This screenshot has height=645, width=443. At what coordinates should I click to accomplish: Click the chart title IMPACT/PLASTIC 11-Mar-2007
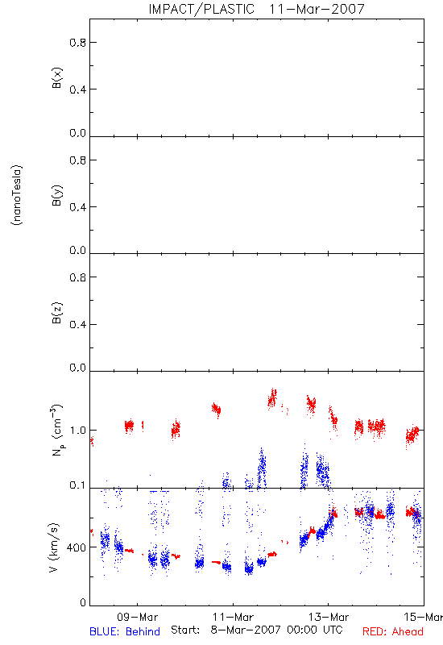(256, 9)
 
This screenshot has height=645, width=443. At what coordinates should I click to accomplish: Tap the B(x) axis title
(56, 77)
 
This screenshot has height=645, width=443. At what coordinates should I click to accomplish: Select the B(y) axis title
(56, 195)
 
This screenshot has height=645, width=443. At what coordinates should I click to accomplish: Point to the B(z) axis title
(56, 313)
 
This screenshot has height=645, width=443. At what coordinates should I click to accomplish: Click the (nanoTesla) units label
(17, 195)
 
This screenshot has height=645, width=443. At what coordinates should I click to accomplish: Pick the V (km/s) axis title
(53, 547)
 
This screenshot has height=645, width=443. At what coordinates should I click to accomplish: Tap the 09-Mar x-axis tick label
(137, 617)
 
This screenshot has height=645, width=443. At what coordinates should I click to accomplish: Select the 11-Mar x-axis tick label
(233, 617)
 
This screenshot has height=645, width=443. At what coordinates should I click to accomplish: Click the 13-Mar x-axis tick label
(329, 617)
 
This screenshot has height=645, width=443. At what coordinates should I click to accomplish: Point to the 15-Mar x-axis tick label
(424, 617)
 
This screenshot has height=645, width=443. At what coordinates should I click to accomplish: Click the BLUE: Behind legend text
(125, 631)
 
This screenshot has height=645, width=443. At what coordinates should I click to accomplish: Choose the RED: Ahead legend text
(393, 631)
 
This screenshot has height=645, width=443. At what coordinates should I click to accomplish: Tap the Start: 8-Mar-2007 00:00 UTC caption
(257, 630)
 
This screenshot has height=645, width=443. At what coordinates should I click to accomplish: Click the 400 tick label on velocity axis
(77, 547)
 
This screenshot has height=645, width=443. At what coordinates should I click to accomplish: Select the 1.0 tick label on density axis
(77, 431)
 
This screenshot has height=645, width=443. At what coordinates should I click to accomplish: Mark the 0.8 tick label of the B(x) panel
(77, 43)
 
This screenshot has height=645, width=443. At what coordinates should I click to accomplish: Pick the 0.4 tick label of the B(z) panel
(77, 325)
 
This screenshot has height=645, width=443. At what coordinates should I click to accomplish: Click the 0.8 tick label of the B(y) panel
(77, 160)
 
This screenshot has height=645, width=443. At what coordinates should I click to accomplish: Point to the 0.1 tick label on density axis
(77, 485)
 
